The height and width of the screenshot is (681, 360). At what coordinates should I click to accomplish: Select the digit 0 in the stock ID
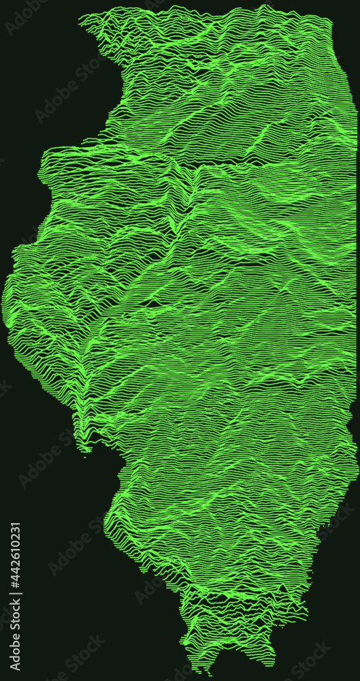16,551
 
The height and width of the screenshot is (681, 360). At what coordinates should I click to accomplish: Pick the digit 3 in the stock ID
16,535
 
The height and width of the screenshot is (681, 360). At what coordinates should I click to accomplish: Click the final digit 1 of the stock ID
16,526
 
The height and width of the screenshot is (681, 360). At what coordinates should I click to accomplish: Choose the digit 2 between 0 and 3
16,543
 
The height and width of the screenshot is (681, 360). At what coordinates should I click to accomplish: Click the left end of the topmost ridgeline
79,17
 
